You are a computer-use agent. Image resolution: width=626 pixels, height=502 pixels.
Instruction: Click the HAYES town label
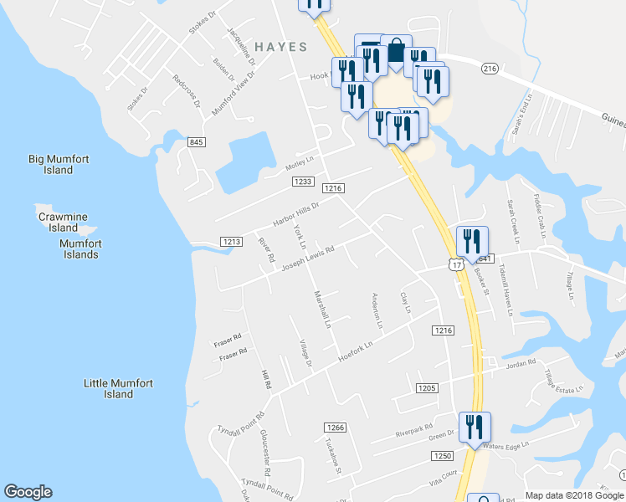pos(280,47)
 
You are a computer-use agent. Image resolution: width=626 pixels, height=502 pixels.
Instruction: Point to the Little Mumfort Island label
pos(119,388)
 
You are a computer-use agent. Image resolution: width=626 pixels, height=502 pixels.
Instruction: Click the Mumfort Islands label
pos(80,248)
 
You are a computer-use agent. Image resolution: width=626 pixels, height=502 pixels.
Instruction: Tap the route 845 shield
pos(197,142)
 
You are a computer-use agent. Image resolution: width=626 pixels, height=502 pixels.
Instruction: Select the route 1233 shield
pos(303,182)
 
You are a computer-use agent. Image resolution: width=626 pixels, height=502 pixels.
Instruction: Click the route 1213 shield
pos(232,242)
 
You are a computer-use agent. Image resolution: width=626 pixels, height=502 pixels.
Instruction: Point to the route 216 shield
pos(490,69)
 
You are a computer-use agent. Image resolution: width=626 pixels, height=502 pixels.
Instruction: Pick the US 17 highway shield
pos(455,264)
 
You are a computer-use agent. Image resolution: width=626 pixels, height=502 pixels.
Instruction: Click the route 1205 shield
pos(427,387)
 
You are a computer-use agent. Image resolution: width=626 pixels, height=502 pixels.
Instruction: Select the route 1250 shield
pos(443,455)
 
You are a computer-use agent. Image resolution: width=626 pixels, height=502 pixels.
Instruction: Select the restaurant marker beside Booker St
pos(472,242)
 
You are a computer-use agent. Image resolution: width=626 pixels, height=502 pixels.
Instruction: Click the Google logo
pos(28,492)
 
